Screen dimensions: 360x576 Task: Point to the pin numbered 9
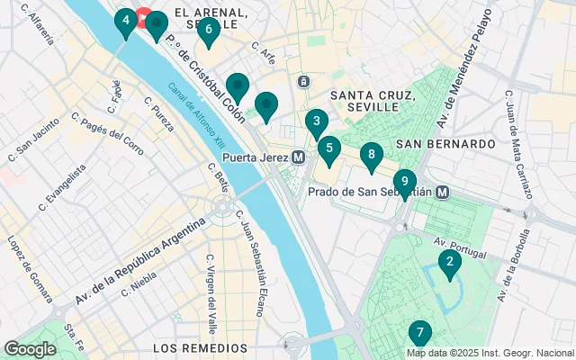point(404,183)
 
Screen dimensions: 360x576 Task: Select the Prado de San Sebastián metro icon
point(443,191)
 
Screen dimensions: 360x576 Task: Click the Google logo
point(30,349)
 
